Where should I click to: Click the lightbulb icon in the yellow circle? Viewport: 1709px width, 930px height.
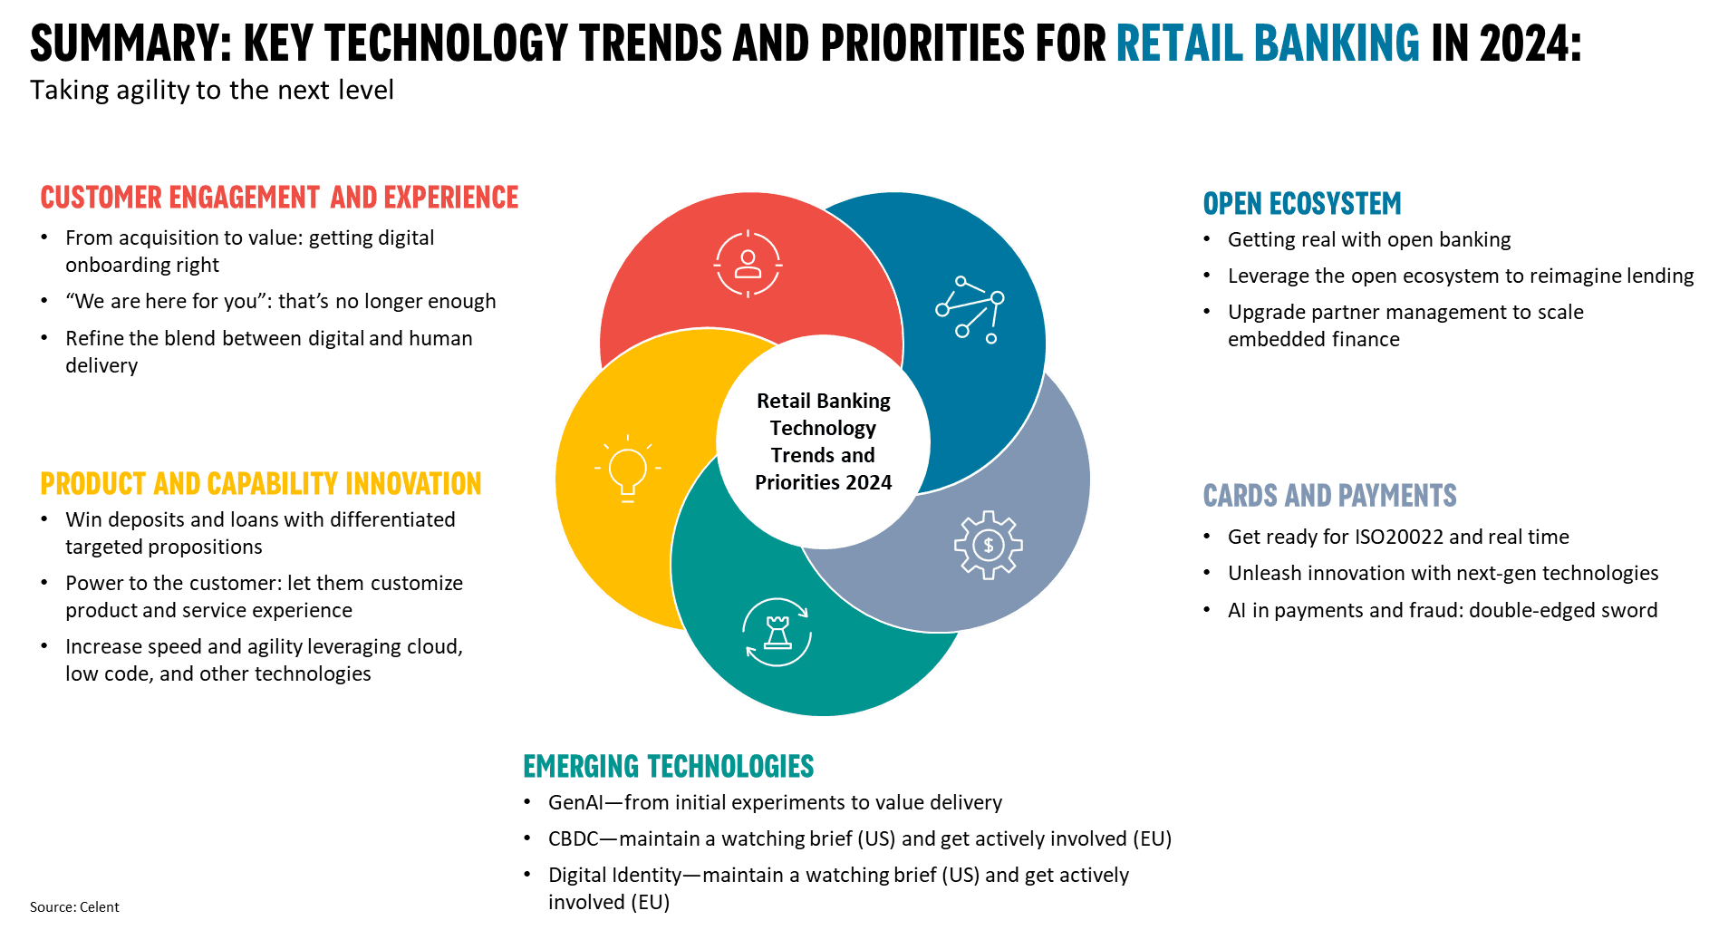pos(627,468)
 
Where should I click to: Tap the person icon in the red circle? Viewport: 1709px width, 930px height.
pos(748,264)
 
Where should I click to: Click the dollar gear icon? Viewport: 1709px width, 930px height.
pos(988,545)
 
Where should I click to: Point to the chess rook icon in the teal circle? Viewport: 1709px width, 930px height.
pos(777,632)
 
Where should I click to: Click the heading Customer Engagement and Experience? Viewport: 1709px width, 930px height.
pos(279,198)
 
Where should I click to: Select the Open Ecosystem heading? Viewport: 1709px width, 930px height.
pos(1301,203)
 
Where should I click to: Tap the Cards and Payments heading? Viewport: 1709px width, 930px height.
pos(1329,496)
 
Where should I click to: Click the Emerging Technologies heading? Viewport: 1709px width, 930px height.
pos(668,766)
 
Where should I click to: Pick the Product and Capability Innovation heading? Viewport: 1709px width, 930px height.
pos(261,484)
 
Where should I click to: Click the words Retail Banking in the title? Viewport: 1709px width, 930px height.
pos(1268,43)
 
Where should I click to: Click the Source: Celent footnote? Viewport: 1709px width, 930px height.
pos(74,906)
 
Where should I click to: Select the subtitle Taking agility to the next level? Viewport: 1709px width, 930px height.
pos(212,91)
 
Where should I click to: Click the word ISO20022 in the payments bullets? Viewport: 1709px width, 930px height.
pos(1398,537)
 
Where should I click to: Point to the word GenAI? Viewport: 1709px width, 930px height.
pos(575,802)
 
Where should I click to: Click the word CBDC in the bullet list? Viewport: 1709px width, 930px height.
pos(573,838)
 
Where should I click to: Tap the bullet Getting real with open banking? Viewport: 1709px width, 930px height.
pos(1369,239)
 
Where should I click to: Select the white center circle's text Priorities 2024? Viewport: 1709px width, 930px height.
pos(823,482)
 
